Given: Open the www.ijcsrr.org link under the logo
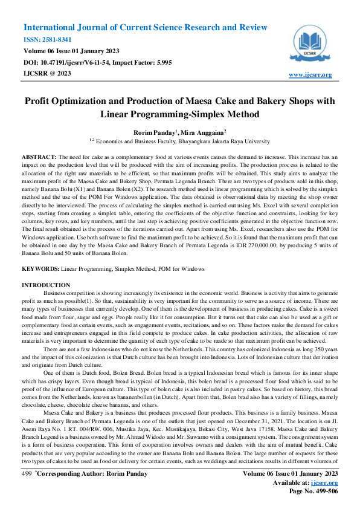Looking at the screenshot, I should [x=310, y=74].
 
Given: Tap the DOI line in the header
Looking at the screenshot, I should [x=97, y=62].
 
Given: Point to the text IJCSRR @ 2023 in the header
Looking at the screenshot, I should [x=47, y=73].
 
